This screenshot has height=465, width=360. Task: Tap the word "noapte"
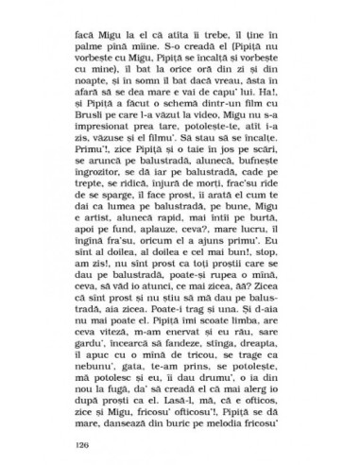coord(83,81)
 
